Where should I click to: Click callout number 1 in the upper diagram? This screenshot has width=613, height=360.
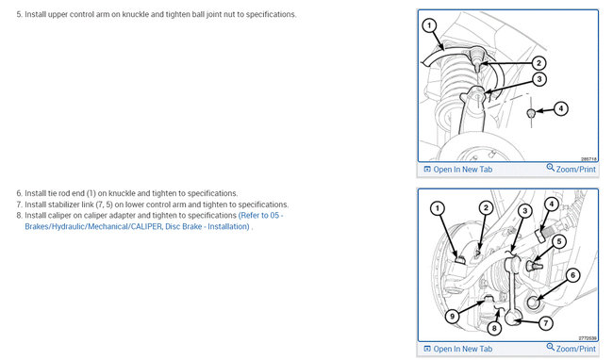pyautogui.click(x=429, y=25)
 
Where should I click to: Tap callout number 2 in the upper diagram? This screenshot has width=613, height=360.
pyautogui.click(x=538, y=63)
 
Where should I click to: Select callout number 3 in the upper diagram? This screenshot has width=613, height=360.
pyautogui.click(x=539, y=79)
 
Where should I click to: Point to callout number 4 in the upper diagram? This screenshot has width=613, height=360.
pyautogui.click(x=561, y=108)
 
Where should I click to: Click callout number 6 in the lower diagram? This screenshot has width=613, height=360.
pyautogui.click(x=572, y=275)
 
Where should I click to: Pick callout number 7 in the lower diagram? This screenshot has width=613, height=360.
pyautogui.click(x=546, y=323)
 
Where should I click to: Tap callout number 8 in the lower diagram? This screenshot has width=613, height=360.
pyautogui.click(x=494, y=328)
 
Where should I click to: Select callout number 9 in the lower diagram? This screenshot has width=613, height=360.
pyautogui.click(x=453, y=316)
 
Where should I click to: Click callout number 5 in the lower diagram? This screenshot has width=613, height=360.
pyautogui.click(x=559, y=241)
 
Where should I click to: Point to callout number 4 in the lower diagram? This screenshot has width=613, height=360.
pyautogui.click(x=552, y=204)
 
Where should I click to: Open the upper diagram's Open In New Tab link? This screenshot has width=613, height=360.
pyautogui.click(x=458, y=170)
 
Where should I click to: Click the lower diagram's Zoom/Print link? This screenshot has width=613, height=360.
pyautogui.click(x=572, y=349)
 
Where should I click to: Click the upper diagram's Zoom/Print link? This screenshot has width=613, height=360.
pyautogui.click(x=572, y=169)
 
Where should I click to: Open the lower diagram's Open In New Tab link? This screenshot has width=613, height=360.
pyautogui.click(x=458, y=349)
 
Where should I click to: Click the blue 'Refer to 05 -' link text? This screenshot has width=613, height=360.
pyautogui.click(x=260, y=215)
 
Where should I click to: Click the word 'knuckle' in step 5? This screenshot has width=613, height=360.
pyautogui.click(x=135, y=14)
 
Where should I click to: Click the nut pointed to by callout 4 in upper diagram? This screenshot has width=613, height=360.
pyautogui.click(x=531, y=113)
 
